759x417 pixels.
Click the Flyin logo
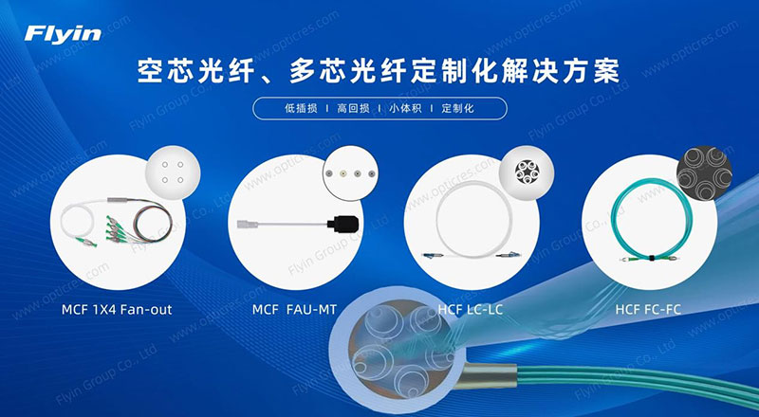[x=63, y=35]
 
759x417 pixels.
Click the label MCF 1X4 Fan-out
[x=117, y=310]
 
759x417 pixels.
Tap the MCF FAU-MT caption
[x=294, y=310]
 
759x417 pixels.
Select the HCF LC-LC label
[x=471, y=310]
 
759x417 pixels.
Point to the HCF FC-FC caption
[x=648, y=310]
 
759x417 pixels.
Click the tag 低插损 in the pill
[x=301, y=108]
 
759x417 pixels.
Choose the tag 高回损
[x=353, y=108]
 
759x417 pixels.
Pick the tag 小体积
[x=406, y=108]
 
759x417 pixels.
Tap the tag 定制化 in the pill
[x=457, y=108]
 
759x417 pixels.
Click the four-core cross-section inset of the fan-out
[x=173, y=172]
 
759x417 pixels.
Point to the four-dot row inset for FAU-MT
[x=350, y=173]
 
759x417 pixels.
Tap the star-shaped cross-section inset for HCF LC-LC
[x=527, y=173]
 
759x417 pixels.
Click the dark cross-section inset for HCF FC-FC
[x=704, y=173]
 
